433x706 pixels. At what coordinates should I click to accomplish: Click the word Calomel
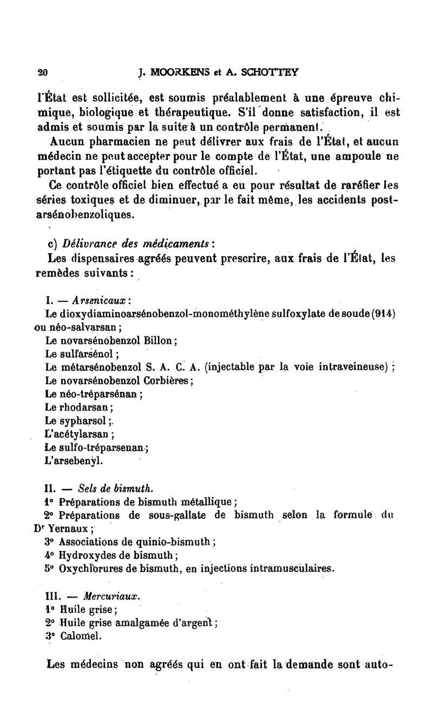click(x=81, y=636)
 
